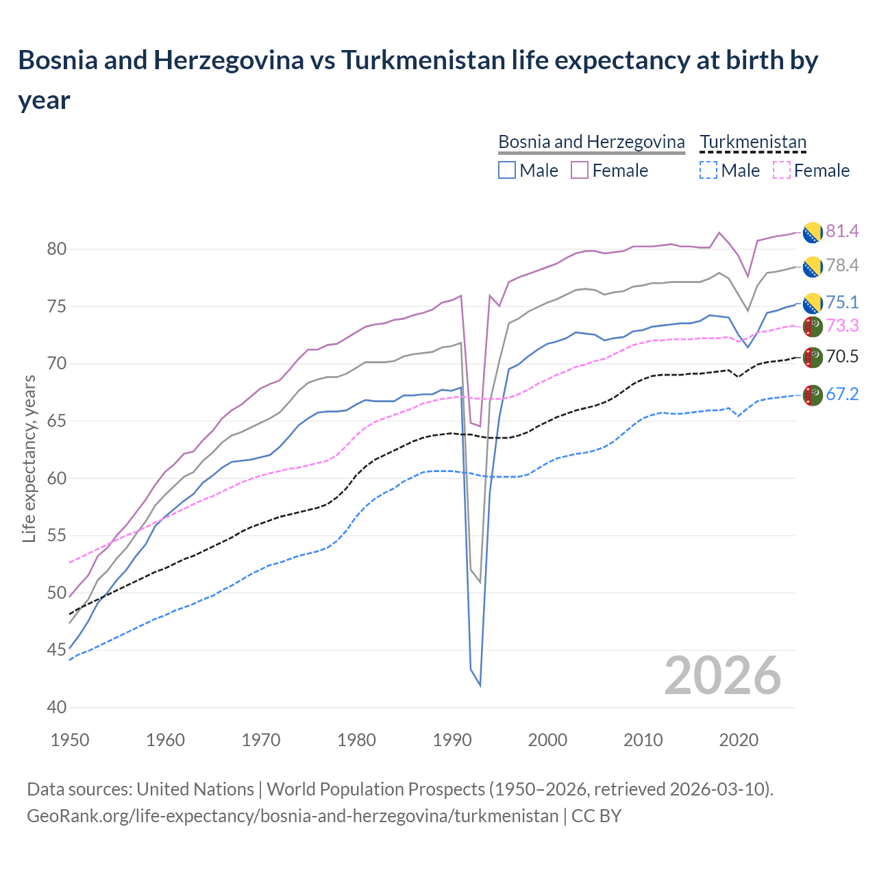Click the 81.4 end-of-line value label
tap(841, 232)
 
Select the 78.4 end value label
tap(841, 266)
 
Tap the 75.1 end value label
tap(841, 303)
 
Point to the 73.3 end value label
tap(841, 326)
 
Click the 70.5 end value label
tap(841, 357)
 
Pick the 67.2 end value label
tap(841, 395)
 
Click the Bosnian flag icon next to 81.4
tap(813, 232)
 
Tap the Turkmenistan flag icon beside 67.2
tap(813, 395)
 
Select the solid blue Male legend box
tap(507, 170)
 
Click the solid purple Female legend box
tap(580, 170)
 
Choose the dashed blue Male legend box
tap(708, 170)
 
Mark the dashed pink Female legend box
tap(781, 170)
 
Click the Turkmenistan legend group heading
tap(753, 143)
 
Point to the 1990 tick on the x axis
tap(452, 740)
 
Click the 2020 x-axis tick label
tap(739, 740)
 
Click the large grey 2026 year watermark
tap(722, 676)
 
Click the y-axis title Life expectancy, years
tap(29, 458)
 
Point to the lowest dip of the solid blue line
tap(480, 685)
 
